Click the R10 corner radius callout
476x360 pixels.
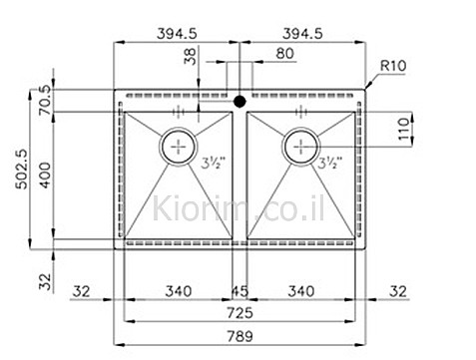(393, 66)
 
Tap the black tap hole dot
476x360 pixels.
(239, 101)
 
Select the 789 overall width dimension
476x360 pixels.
(239, 336)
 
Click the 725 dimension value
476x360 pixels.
(239, 313)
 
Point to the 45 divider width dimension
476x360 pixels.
(239, 291)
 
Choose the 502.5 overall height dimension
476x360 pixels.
(22, 169)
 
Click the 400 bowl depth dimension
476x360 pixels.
(46, 175)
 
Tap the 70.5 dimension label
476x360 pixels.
(45, 100)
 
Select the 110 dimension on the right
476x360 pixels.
(403, 129)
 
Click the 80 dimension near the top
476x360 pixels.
(285, 53)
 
